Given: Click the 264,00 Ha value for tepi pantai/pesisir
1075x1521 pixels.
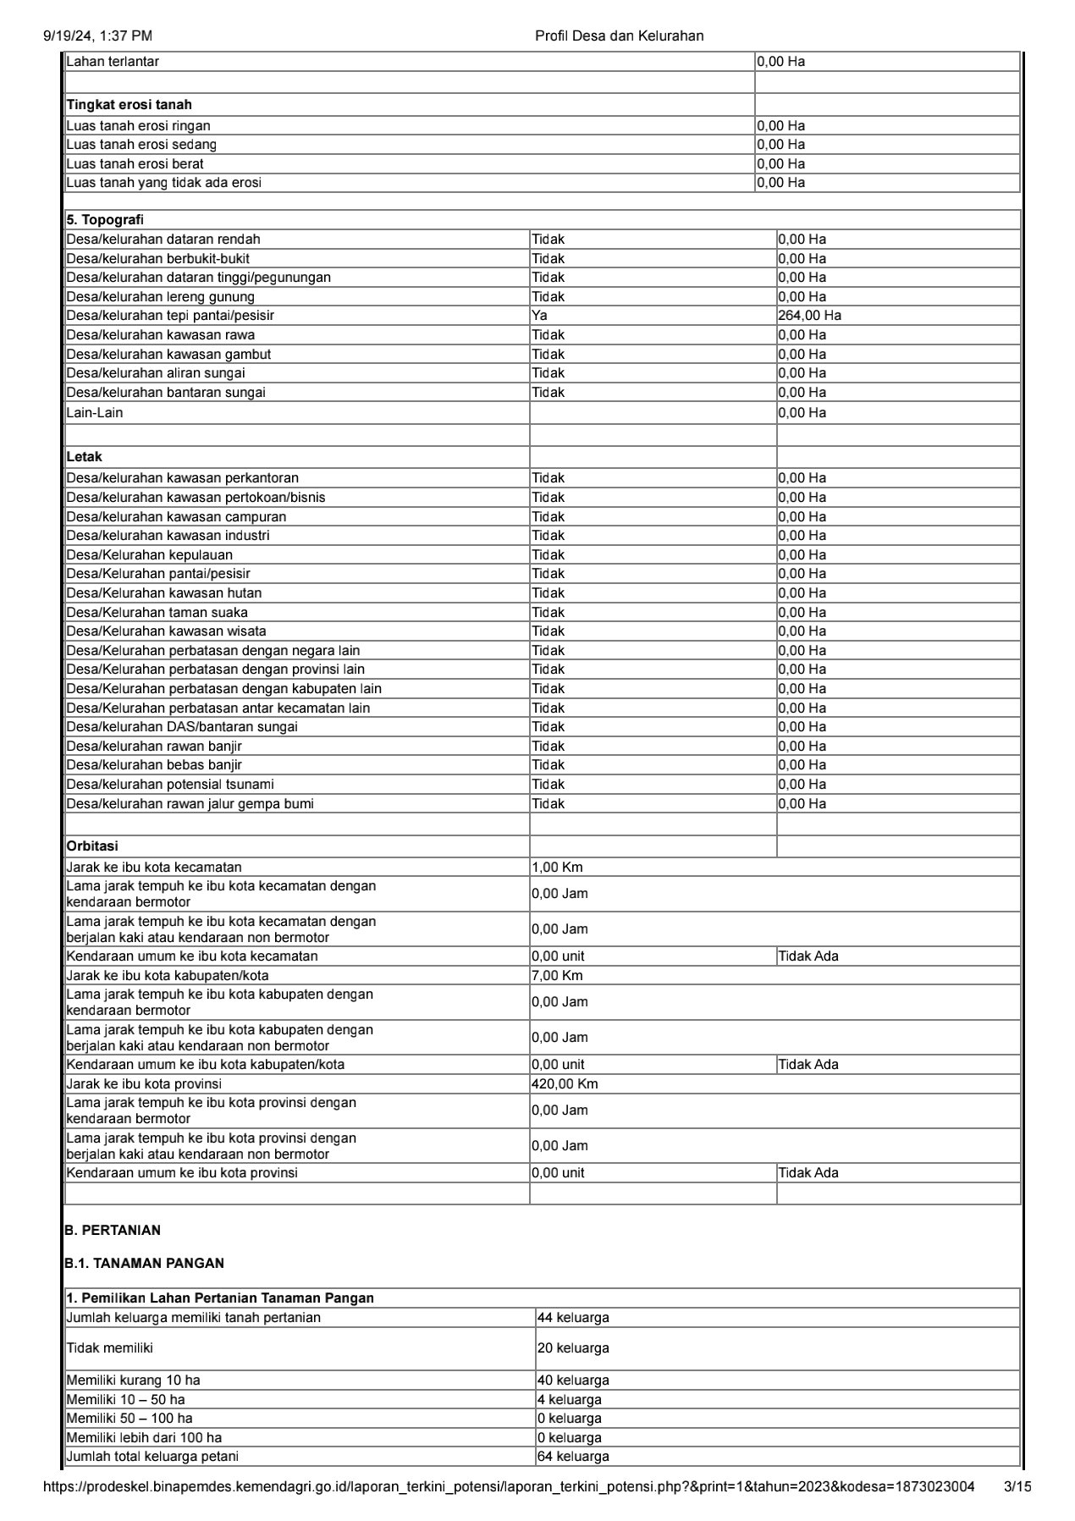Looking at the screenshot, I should tap(809, 316).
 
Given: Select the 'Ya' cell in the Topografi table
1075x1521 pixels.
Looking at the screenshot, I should tap(540, 316).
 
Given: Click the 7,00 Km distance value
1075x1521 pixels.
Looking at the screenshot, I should tap(557, 975).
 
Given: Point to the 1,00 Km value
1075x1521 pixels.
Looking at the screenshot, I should tap(557, 867).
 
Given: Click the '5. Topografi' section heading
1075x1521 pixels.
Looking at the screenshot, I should tap(105, 220).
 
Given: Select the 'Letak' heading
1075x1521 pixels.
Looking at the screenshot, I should tap(84, 457).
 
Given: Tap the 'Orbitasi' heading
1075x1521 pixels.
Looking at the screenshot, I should tap(92, 846).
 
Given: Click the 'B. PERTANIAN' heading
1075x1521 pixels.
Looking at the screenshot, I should tap(112, 1230).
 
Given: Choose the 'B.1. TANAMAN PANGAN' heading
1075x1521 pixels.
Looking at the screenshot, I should tap(144, 1263).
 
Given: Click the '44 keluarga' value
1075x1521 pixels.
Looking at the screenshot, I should tap(573, 1317).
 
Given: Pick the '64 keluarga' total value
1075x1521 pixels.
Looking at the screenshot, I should tap(573, 1456).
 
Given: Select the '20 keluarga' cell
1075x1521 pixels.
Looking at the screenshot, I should tap(573, 1347).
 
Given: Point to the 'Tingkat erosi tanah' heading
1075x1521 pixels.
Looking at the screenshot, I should tap(129, 105).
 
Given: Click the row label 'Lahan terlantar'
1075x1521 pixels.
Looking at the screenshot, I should tap(113, 62).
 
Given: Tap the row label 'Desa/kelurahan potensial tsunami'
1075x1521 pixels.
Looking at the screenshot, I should tap(170, 784).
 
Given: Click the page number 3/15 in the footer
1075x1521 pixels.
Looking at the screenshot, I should tap(1017, 1486).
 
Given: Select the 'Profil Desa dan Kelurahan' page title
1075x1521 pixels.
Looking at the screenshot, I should tap(619, 36).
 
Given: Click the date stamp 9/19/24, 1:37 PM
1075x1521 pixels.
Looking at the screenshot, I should tap(97, 36).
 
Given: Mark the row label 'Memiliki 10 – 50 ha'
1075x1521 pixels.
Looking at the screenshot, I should tap(125, 1399).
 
